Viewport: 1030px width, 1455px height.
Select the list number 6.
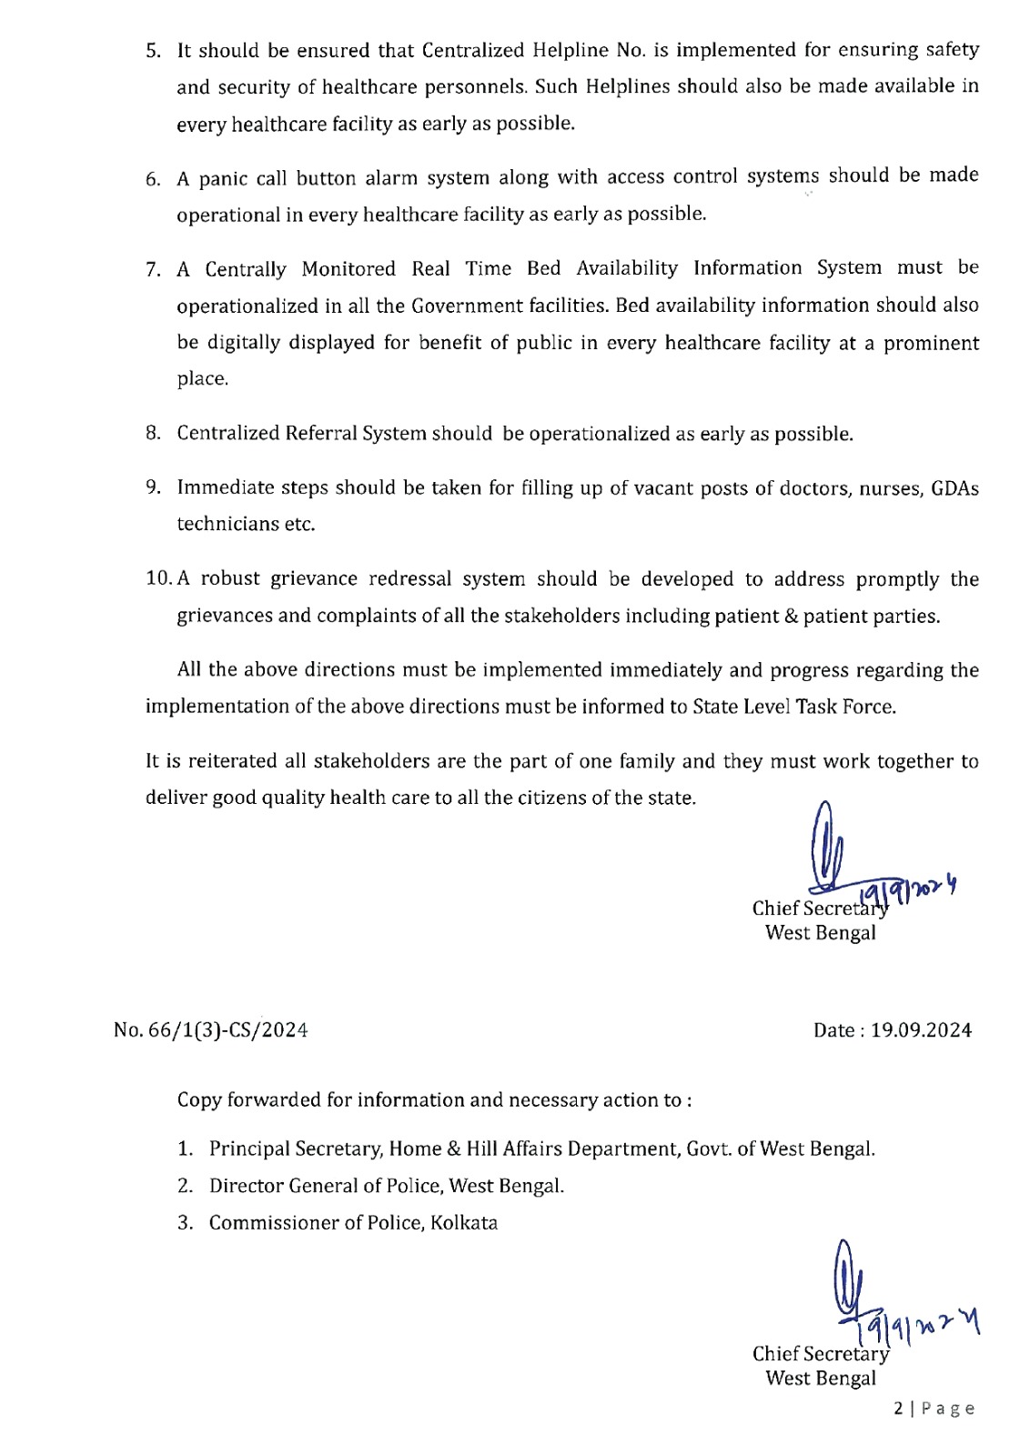point(152,179)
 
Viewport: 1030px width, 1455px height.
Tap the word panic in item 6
point(223,179)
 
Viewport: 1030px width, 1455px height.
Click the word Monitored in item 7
point(348,269)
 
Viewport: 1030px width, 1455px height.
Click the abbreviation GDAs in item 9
point(954,488)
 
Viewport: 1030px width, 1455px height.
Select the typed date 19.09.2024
point(921,1030)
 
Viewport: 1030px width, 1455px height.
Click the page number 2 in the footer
point(899,1409)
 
